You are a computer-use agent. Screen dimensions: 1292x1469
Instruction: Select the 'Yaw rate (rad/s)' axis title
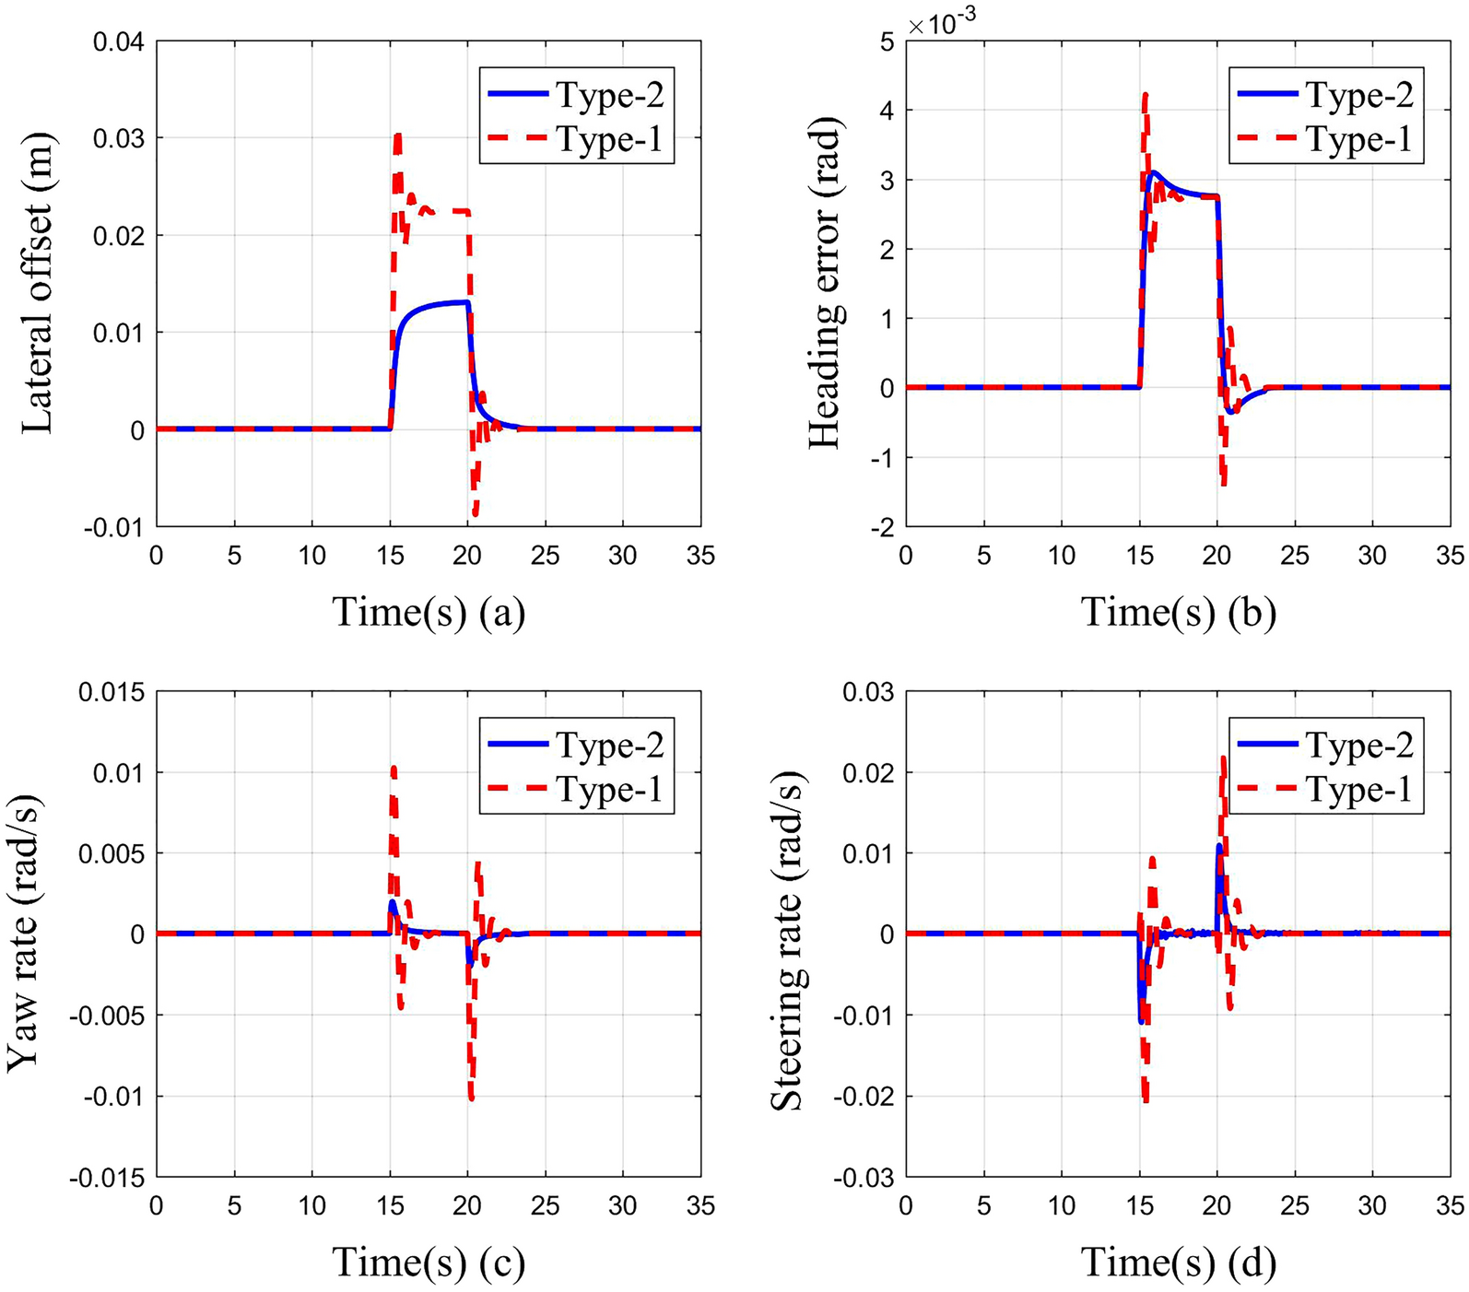24,933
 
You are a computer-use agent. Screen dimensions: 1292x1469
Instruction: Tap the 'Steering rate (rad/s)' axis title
786,933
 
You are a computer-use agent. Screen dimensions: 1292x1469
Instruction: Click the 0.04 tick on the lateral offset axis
120,41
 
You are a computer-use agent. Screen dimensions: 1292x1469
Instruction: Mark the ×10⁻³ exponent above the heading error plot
943,24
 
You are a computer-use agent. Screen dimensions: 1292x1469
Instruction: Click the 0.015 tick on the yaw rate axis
112,692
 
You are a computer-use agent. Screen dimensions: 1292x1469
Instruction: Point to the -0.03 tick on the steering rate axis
864,1178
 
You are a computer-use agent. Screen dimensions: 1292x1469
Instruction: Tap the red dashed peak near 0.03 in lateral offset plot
397,135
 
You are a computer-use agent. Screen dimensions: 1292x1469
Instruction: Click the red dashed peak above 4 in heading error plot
1145,93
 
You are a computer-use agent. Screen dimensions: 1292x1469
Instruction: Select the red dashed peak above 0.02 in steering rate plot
1223,758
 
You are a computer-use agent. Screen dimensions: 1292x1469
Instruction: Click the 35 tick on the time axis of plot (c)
700,1205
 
